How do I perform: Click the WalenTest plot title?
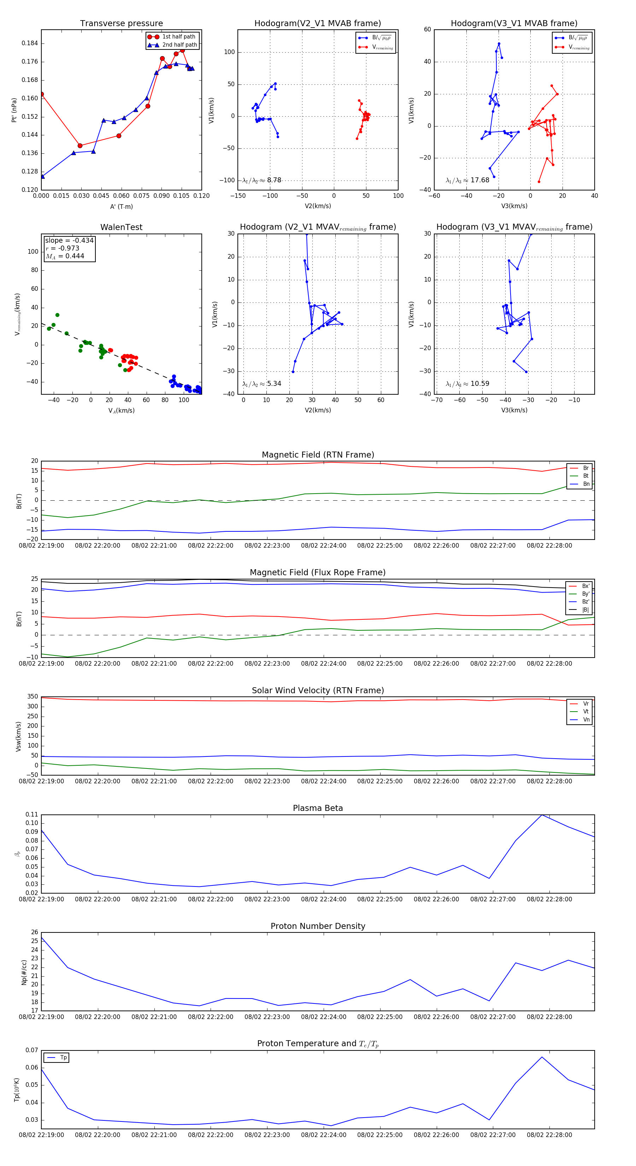pyautogui.click(x=121, y=227)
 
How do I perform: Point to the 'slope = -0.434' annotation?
pyautogui.click(x=69, y=240)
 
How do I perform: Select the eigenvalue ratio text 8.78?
pyautogui.click(x=274, y=180)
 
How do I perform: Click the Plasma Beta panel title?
pyautogui.click(x=318, y=808)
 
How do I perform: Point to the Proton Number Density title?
pyautogui.click(x=318, y=926)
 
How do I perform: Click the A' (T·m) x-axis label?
pyautogui.click(x=121, y=206)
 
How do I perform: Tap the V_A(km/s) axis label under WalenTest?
pyautogui.click(x=121, y=411)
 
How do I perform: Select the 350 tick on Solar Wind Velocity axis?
pyautogui.click(x=33, y=697)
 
